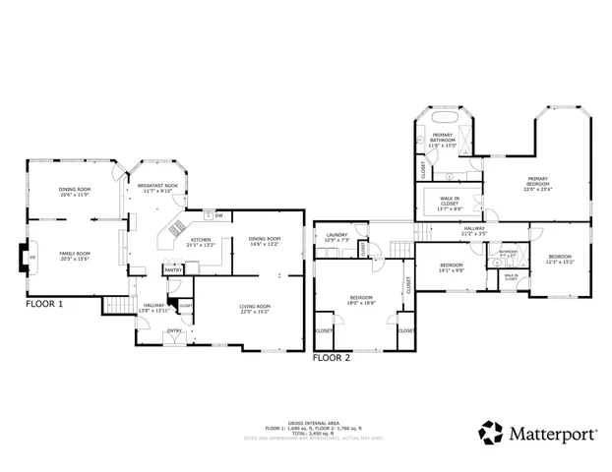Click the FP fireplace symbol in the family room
(31, 258)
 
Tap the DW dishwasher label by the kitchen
(219, 215)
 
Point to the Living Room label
(255, 309)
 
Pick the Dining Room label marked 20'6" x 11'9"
(74, 192)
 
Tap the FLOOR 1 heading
(44, 305)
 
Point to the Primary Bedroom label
(537, 186)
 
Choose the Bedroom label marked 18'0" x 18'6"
(361, 300)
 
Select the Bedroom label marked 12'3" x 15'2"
(560, 259)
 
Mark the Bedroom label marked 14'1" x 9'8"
(452, 267)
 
